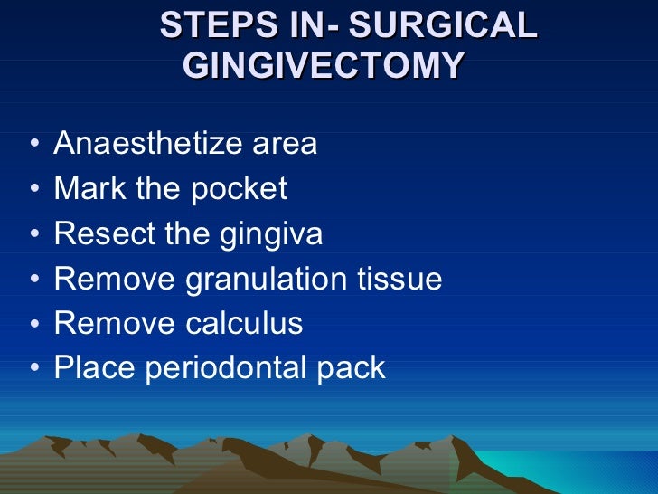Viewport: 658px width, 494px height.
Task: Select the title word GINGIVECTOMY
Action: (324, 66)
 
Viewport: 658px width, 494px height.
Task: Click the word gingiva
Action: (270, 235)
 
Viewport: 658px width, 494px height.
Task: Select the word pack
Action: (355, 368)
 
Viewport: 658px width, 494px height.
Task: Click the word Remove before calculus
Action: (115, 323)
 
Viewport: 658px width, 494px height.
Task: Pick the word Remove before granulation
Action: (115, 279)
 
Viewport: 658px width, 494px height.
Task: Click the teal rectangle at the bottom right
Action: (578, 470)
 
